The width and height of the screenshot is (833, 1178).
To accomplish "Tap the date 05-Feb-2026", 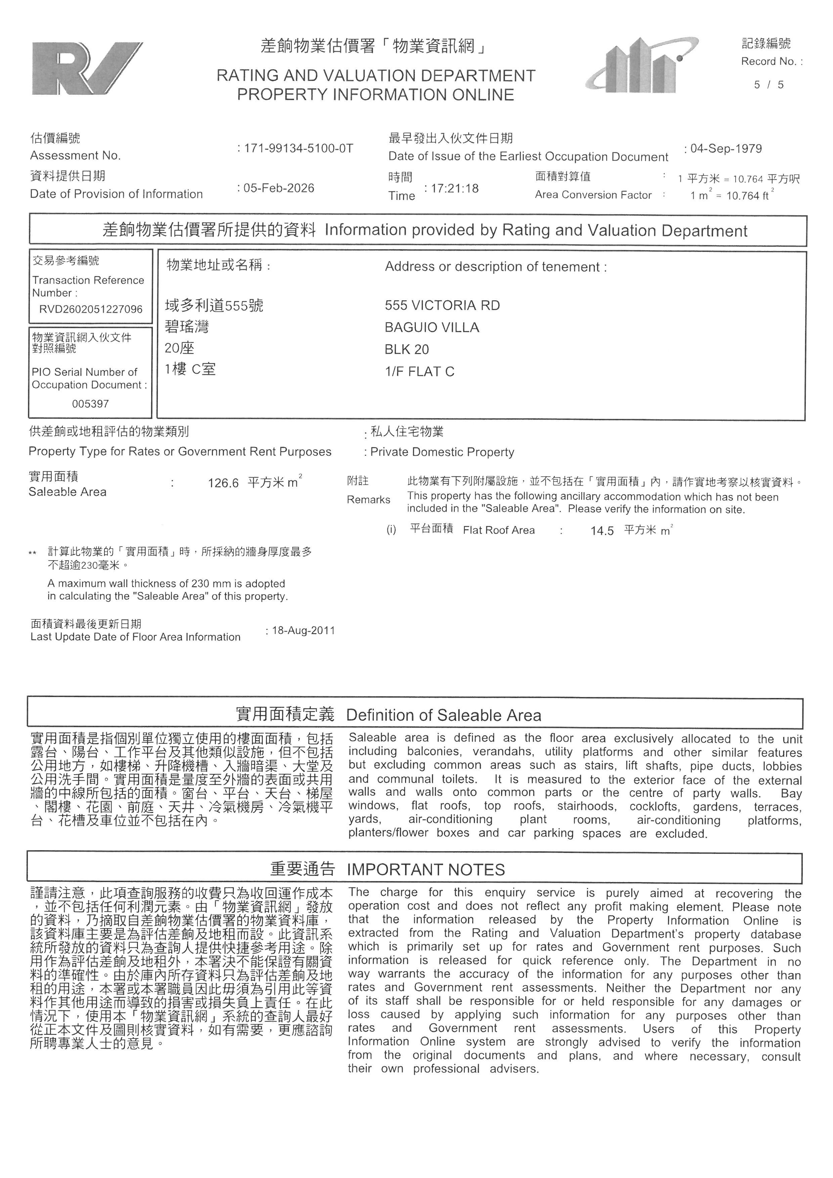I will [278, 188].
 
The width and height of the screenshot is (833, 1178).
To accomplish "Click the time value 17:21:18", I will [454, 189].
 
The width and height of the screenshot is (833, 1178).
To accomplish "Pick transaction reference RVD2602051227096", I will [91, 309].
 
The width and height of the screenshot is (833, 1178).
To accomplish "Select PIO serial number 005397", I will [90, 404].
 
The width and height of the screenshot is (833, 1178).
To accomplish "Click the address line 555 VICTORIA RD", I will [442, 306].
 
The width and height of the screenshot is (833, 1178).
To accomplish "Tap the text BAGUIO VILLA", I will [432, 328].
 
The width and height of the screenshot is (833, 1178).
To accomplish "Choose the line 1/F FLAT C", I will [420, 372].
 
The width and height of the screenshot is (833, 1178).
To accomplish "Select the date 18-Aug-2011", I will [303, 630].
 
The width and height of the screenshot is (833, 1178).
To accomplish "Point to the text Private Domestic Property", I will [442, 452].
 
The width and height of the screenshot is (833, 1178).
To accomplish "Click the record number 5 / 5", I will [769, 85].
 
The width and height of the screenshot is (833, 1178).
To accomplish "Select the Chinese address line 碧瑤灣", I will [187, 327].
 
